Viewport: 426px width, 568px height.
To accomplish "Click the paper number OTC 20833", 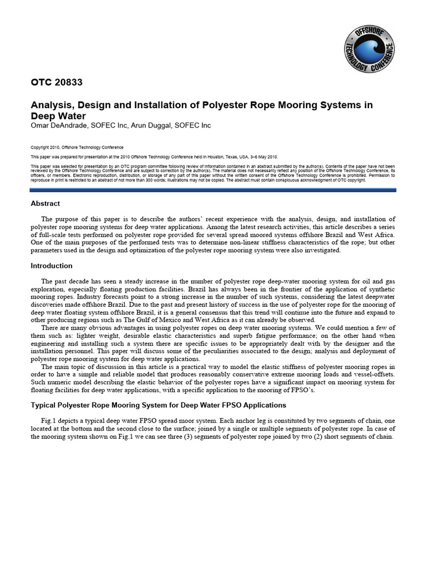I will pyautogui.click(x=56, y=83).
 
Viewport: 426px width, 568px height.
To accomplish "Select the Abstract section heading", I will pyautogui.click(x=45, y=204).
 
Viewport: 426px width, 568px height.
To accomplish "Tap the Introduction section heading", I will pyautogui.click(x=51, y=266).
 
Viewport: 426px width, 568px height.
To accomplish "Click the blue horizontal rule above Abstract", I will pyautogui.click(x=213, y=190).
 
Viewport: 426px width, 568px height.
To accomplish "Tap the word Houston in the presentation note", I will pyautogui.click(x=220, y=157).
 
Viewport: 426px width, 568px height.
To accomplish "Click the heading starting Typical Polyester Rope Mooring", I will pyautogui.click(x=158, y=405).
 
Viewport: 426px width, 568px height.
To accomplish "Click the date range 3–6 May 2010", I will pyautogui.click(x=260, y=157).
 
